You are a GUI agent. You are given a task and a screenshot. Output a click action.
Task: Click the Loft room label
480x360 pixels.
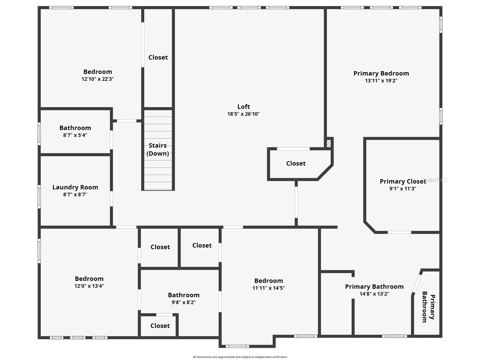click(243, 107)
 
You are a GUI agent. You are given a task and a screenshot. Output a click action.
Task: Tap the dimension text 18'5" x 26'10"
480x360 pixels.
click(243, 114)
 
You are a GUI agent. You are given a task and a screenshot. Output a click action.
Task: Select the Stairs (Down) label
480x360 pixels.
click(158, 149)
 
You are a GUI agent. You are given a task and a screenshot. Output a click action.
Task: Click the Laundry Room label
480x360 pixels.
click(75, 187)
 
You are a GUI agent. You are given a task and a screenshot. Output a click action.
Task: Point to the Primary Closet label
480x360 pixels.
click(403, 181)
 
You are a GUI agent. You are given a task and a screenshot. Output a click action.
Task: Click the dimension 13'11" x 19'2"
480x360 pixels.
click(381, 81)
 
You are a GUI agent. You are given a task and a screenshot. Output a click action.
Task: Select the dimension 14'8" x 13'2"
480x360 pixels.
click(374, 294)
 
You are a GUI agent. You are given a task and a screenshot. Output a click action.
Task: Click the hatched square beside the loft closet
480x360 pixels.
click(329, 143)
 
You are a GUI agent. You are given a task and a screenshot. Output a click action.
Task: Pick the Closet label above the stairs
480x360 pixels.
click(158, 57)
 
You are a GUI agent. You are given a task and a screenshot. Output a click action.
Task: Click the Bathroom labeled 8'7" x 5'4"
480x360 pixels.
click(75, 128)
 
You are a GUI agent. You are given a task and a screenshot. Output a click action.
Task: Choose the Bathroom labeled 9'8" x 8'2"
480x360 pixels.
click(183, 295)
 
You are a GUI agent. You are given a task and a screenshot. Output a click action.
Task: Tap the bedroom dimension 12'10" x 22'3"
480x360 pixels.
click(98, 79)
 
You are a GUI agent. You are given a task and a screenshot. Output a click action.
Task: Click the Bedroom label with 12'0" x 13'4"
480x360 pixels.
click(89, 279)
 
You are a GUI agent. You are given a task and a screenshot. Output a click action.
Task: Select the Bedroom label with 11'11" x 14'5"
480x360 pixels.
click(269, 281)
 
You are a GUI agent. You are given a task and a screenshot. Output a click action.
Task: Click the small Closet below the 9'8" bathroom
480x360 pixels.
click(160, 326)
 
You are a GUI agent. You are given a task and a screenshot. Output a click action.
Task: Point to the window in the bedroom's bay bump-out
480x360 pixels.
click(237, 346)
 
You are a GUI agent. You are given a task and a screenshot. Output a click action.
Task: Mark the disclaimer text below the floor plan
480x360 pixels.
click(240, 357)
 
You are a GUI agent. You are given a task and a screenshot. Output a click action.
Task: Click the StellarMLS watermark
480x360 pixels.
click(434, 180)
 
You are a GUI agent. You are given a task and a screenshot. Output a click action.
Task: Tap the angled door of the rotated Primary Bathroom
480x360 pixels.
click(417, 283)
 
